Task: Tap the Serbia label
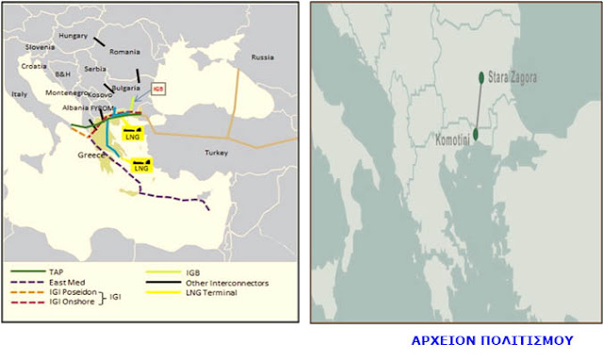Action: coord(95,69)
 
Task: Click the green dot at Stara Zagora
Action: coord(481,77)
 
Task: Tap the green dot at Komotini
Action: coord(476,134)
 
